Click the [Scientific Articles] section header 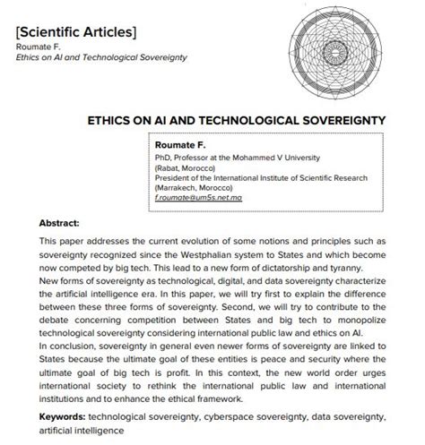76,32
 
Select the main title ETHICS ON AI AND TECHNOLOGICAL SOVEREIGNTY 236,119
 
